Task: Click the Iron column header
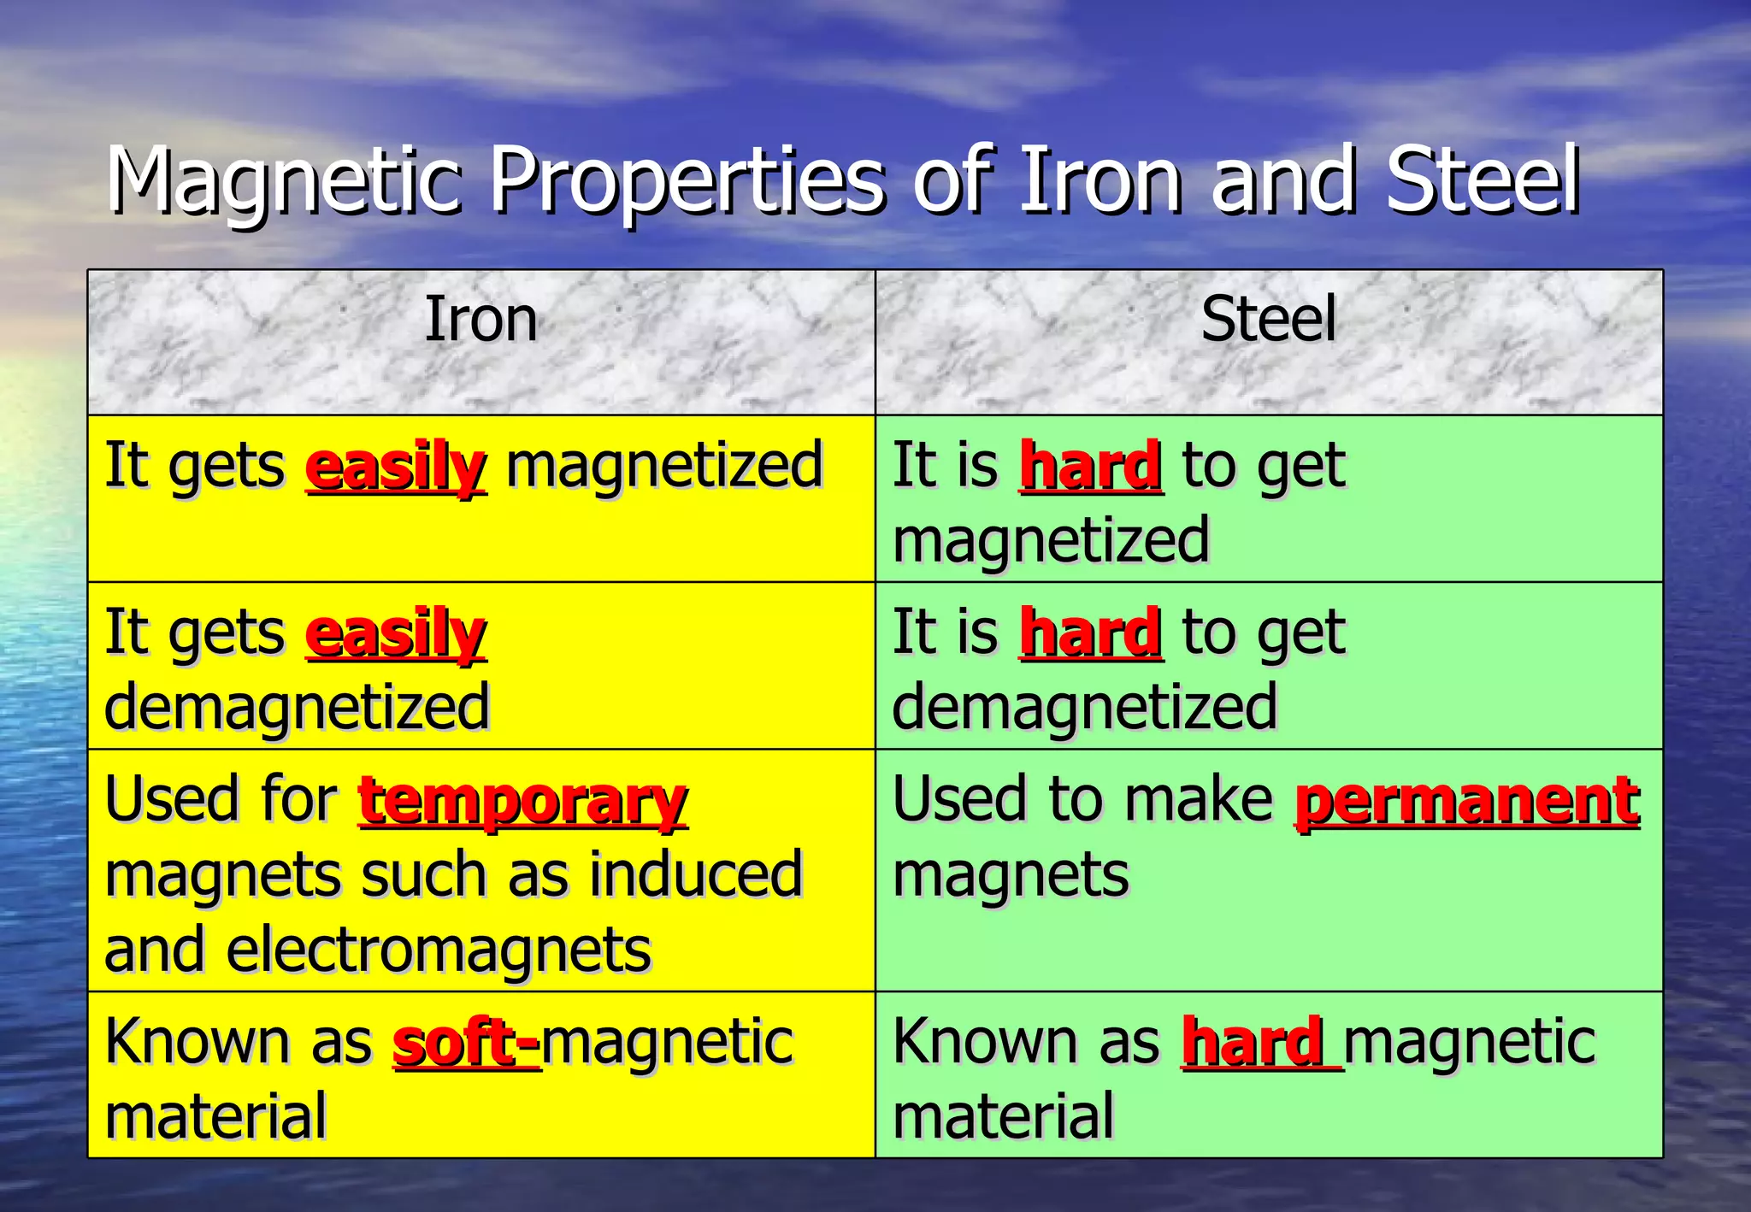pyautogui.click(x=481, y=320)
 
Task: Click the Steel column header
pyautogui.click(x=1268, y=320)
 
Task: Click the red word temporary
pyautogui.click(x=522, y=801)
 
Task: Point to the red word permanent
pyautogui.click(x=1467, y=801)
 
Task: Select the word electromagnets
pyautogui.click(x=438, y=950)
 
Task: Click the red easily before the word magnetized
pyautogui.click(x=396, y=468)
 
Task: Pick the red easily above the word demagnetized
pyautogui.click(x=396, y=634)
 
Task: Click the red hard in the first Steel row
pyautogui.click(x=1091, y=466)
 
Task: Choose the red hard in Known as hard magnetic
pyautogui.click(x=1253, y=1043)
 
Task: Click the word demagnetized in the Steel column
pyautogui.click(x=1084, y=708)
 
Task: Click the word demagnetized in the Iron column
pyautogui.click(x=297, y=708)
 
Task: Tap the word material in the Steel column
pyautogui.click(x=1003, y=1116)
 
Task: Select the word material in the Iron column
pyautogui.click(x=215, y=1116)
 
